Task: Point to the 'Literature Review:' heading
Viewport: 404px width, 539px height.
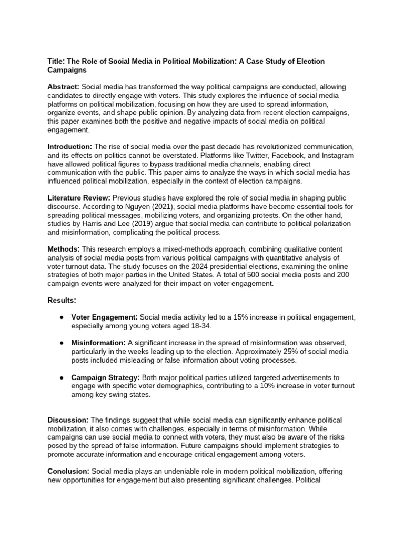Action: point(79,197)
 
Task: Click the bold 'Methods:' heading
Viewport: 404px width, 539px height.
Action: point(64,249)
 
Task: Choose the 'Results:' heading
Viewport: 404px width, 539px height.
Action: point(62,300)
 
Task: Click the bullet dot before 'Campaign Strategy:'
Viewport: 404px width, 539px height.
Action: point(62,377)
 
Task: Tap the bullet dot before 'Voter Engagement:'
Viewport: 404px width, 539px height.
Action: point(62,317)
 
